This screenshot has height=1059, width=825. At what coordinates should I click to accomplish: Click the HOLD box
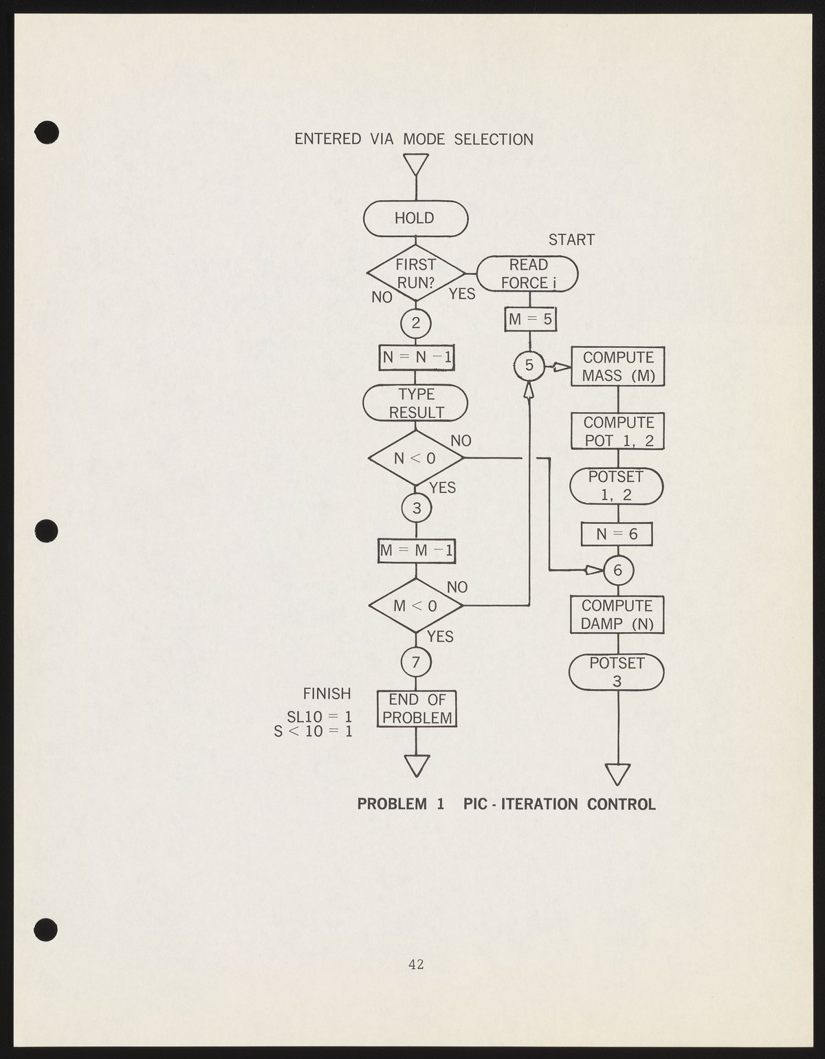(x=415, y=219)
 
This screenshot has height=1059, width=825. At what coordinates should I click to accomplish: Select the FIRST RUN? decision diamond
(x=415, y=273)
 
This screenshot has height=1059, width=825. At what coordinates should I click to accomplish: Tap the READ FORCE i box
(x=527, y=274)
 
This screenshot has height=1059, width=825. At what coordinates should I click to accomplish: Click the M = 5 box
(x=529, y=319)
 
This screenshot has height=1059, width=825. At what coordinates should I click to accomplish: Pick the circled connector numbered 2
(x=415, y=323)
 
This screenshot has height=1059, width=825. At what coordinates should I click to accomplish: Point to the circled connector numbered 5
(x=529, y=366)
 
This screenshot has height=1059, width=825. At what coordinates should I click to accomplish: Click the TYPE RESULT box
(x=415, y=403)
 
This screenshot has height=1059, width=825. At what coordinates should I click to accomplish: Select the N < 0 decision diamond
(x=415, y=457)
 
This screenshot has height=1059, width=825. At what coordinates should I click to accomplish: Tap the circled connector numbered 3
(x=416, y=509)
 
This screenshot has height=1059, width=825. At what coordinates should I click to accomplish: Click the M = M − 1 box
(x=417, y=550)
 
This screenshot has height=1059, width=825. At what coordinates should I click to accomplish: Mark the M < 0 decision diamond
(x=415, y=605)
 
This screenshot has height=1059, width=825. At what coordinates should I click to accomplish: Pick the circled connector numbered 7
(x=416, y=662)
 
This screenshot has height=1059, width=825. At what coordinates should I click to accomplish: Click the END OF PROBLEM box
(x=417, y=709)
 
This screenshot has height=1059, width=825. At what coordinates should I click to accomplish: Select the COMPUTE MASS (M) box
(x=618, y=367)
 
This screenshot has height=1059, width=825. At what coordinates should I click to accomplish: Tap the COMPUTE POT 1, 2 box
(x=618, y=431)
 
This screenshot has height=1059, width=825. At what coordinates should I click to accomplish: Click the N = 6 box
(x=617, y=534)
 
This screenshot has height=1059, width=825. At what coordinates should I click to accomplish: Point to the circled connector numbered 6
(x=617, y=570)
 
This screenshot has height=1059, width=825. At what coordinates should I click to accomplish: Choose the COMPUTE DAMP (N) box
(x=617, y=615)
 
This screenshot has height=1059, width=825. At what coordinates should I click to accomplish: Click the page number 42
(x=416, y=964)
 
